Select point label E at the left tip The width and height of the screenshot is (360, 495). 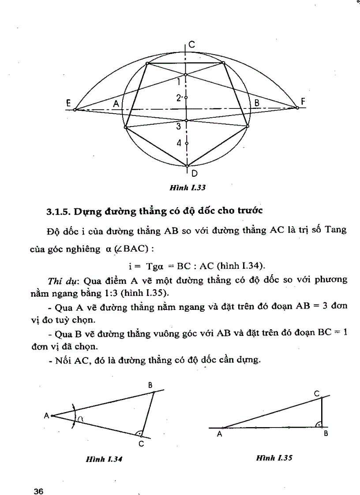(x=68, y=102)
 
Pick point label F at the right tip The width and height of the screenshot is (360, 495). (x=303, y=102)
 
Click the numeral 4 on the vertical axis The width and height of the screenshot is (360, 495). (x=179, y=143)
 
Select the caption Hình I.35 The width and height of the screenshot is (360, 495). (x=274, y=458)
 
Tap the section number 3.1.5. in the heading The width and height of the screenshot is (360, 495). (x=58, y=211)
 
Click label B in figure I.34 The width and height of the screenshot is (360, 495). (x=150, y=385)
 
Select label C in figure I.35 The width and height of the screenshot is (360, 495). (x=317, y=392)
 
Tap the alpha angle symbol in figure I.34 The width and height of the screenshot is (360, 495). (x=82, y=420)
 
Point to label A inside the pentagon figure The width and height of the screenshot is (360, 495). (x=116, y=104)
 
